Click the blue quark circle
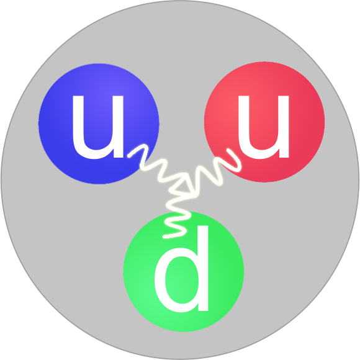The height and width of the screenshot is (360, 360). coord(99,124)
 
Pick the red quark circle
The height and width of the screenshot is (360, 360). coord(264,122)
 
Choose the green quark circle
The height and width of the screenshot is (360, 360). coord(184,271)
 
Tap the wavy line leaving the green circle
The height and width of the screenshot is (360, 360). coord(177,216)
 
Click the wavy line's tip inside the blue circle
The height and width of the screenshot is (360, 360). coord(129,156)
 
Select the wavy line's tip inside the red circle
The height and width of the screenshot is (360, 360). coord(228,150)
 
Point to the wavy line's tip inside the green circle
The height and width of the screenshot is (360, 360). coord(164,236)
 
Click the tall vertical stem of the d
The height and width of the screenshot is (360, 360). coord(203,268)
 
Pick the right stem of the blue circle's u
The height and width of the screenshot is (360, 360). coord(119,126)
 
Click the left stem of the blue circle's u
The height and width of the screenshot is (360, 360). coord(78,122)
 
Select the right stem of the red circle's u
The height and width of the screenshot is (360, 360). coord(284,126)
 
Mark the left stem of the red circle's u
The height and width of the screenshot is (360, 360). coord(243,122)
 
